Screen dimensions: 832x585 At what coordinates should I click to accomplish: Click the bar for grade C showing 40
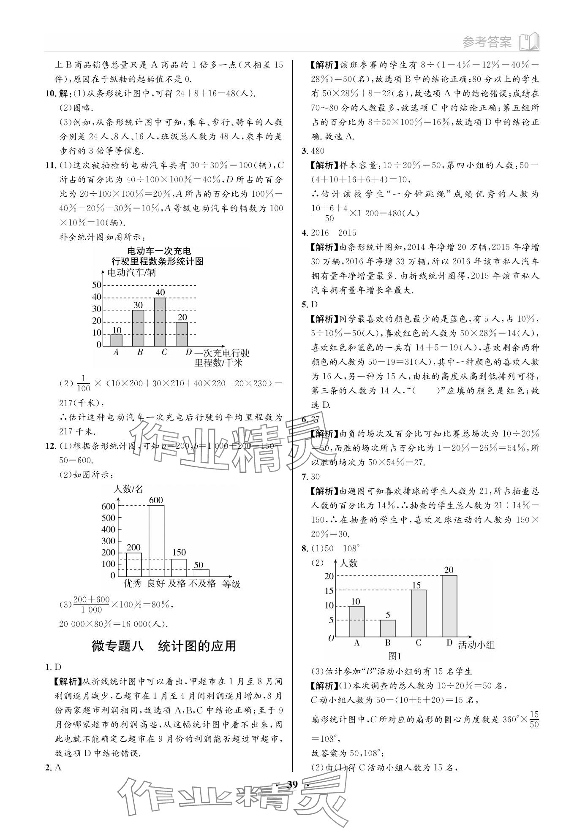[160, 322]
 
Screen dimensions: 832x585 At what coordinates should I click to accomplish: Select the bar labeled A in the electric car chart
[116, 340]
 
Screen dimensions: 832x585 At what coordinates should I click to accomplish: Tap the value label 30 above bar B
[138, 305]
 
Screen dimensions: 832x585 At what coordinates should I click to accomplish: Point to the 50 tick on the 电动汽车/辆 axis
[97, 285]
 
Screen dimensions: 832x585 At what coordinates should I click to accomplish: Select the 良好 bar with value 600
[156, 540]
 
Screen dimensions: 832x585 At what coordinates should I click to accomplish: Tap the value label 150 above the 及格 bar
[179, 553]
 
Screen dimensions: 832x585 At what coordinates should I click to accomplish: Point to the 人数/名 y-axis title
[128, 489]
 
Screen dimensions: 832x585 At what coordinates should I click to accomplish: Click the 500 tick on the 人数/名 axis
[108, 518]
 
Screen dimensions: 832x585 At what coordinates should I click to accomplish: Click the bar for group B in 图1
[388, 628]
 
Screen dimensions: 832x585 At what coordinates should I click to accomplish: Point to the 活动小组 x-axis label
[476, 645]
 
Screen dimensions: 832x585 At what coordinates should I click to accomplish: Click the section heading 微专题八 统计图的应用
[164, 646]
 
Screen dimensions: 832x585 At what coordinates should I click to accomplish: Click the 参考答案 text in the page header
[487, 42]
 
